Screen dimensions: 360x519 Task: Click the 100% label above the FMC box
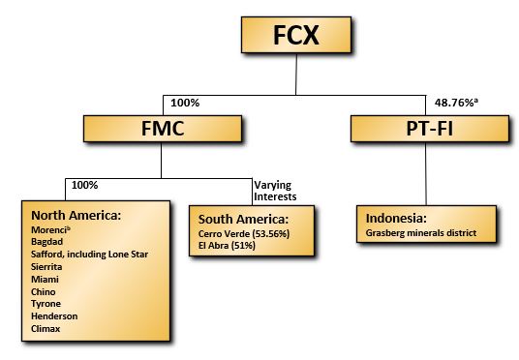(184, 102)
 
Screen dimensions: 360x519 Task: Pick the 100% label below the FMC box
(85, 182)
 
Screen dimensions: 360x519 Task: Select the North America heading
(76, 215)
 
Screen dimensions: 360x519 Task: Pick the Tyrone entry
(47, 303)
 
